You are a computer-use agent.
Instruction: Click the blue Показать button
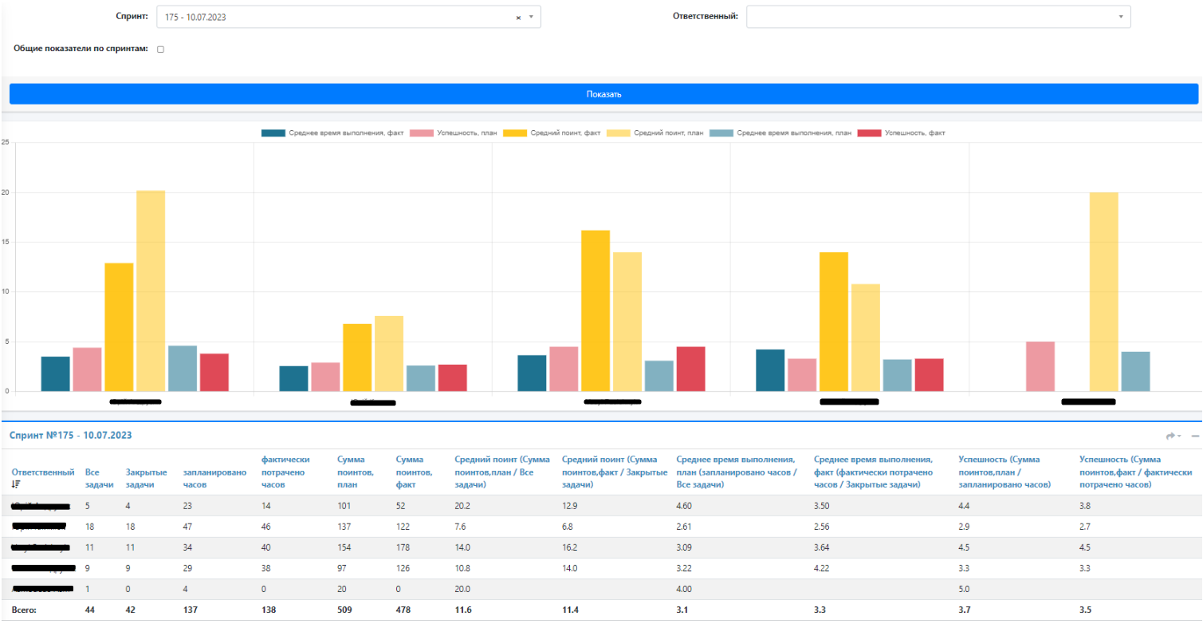(x=603, y=94)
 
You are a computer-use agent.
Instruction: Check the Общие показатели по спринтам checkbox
(x=160, y=49)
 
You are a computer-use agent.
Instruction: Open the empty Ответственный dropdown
(x=938, y=17)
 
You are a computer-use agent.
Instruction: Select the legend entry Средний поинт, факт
(x=556, y=133)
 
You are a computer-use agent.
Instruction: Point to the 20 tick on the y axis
(x=6, y=192)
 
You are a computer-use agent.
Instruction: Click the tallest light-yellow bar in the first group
(x=151, y=290)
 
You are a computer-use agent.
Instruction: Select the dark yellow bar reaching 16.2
(x=596, y=310)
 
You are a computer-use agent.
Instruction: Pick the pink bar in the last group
(x=1040, y=366)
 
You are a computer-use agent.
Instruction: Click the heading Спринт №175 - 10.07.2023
(x=70, y=436)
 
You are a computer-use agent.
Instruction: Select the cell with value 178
(x=403, y=547)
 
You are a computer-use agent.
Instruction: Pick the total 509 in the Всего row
(x=345, y=610)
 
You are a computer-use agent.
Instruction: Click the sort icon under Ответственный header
(x=15, y=484)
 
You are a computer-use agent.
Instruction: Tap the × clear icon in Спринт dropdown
(x=518, y=17)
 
